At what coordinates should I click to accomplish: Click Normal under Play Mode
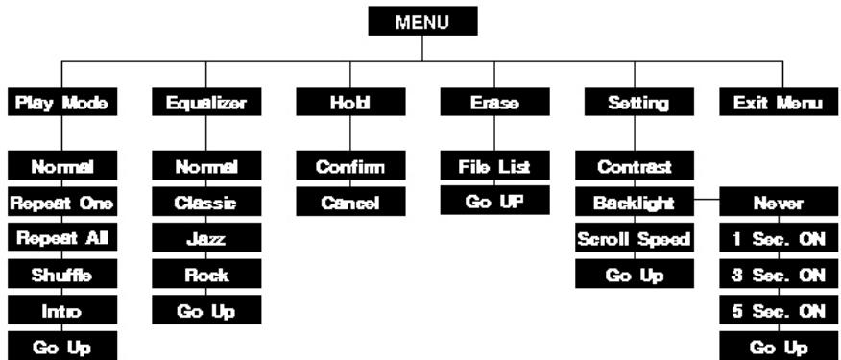(x=62, y=167)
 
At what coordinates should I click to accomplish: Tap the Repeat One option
(x=62, y=203)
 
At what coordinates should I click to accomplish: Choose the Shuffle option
(x=62, y=275)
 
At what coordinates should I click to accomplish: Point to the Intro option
(x=62, y=310)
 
